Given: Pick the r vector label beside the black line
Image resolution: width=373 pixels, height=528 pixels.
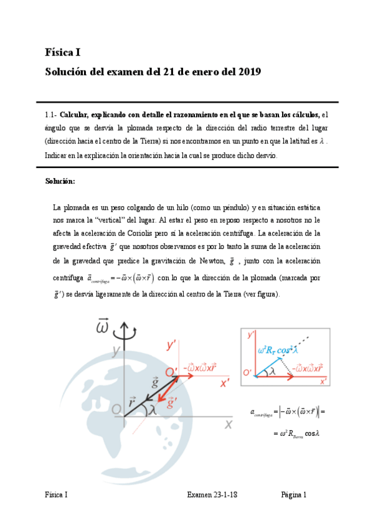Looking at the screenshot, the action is tap(132, 402).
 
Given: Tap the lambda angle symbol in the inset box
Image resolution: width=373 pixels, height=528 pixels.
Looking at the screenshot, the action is tap(272, 371).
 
